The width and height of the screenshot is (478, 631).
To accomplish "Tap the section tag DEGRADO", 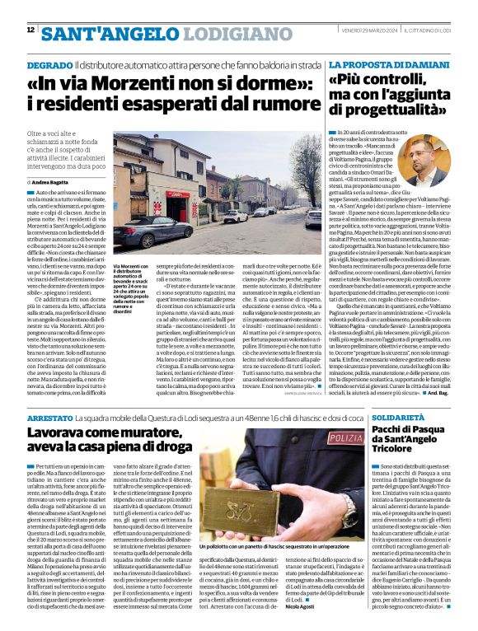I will (49, 63).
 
